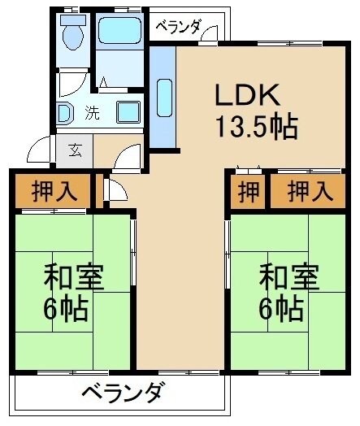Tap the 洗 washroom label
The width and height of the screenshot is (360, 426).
click(x=93, y=113)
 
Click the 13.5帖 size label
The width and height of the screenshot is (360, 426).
click(x=255, y=127)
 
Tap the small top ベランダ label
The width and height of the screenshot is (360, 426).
click(x=178, y=25)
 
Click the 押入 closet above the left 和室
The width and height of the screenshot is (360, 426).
click(x=54, y=192)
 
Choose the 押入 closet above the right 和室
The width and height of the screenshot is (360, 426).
click(x=310, y=192)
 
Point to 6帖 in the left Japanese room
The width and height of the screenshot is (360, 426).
click(x=67, y=308)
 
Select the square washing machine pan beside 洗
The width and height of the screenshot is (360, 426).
click(x=128, y=111)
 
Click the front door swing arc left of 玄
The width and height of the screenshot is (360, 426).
click(x=40, y=151)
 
